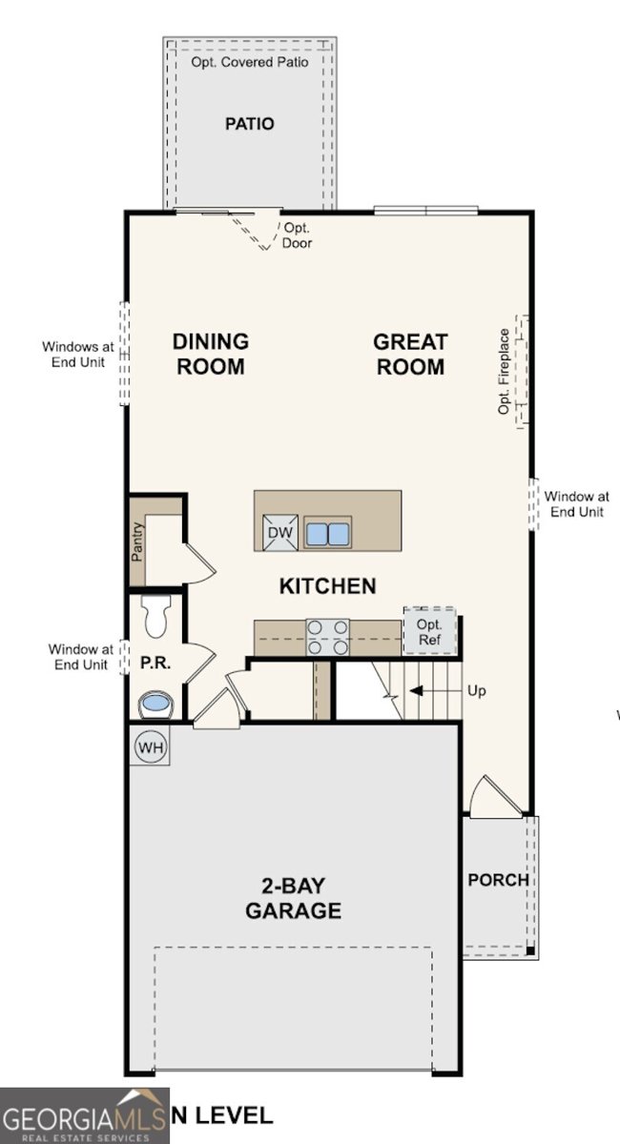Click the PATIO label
[250, 124]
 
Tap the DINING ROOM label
[210, 354]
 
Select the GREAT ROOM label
[410, 354]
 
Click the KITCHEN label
[327, 586]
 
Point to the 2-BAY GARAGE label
[293, 898]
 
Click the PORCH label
[498, 880]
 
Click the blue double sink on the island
[327, 533]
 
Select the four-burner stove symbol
[327, 637]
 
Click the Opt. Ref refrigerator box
[429, 631]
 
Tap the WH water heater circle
[151, 746]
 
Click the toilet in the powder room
[157, 615]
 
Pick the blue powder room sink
[155, 705]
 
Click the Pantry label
[138, 541]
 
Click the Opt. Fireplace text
[504, 372]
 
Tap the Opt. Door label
[297, 235]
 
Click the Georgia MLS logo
[84, 1115]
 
